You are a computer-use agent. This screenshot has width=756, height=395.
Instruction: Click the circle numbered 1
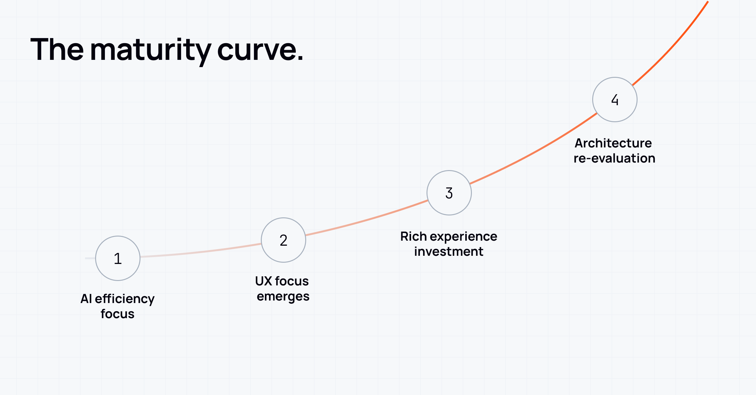pos(118,258)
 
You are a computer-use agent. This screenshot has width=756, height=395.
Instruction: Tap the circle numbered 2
pos(283,240)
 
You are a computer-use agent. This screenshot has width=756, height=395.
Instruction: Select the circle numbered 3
pos(449,193)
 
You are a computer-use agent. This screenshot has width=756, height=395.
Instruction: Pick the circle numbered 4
pos(615,100)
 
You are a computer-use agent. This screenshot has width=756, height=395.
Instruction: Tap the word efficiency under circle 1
pos(125,299)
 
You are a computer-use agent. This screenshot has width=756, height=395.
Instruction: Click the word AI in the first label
pos(86,299)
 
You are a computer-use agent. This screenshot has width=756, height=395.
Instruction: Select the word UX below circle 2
pos(263,281)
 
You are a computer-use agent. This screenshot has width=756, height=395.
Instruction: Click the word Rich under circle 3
pos(413,236)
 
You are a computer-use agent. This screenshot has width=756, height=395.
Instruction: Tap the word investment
pos(449,252)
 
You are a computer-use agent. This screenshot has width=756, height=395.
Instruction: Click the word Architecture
pos(613,143)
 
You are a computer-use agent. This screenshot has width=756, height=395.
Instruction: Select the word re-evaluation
pos(614,158)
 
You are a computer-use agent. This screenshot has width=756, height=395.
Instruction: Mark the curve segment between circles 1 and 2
pos(202,252)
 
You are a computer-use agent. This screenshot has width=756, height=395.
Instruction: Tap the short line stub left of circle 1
pos(90,258)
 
